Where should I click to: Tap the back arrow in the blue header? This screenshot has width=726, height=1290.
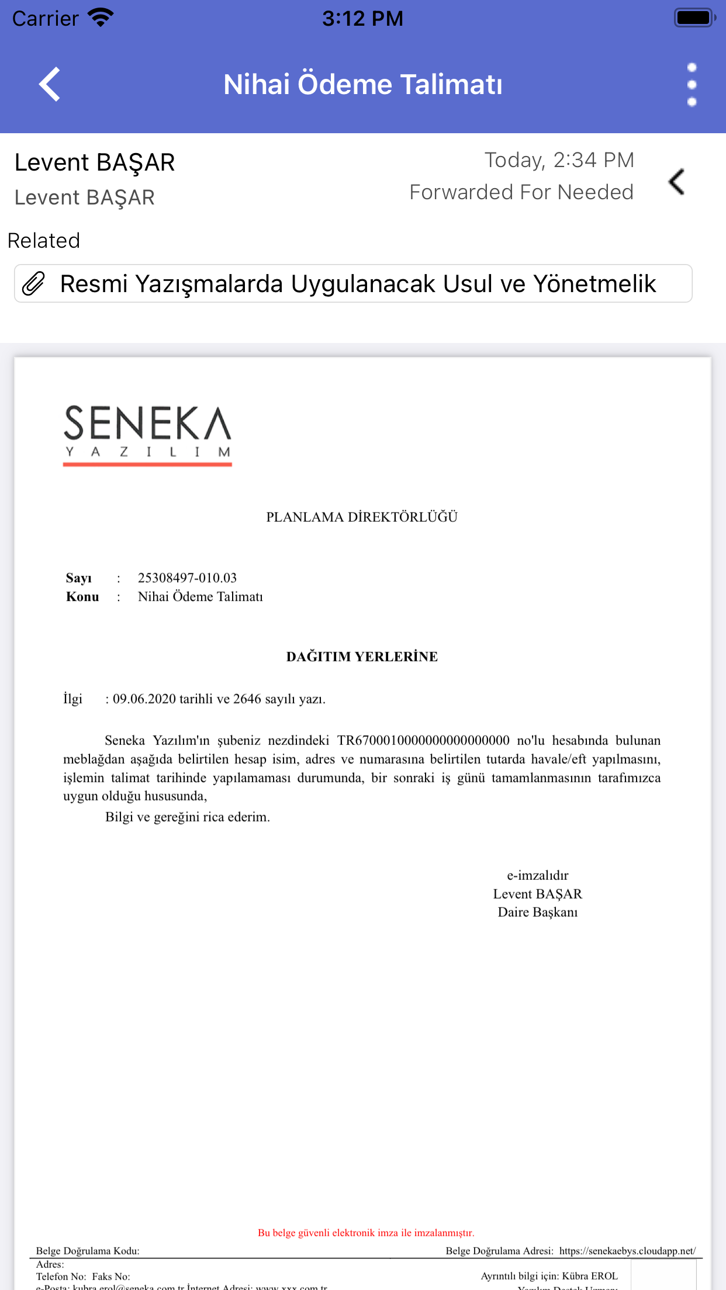[x=50, y=84]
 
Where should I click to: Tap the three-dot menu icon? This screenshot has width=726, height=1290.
[x=692, y=85]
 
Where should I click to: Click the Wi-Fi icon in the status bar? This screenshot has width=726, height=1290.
[x=101, y=18]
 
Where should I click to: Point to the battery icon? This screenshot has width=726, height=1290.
[x=694, y=18]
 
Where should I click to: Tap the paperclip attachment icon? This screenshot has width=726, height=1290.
[x=34, y=284]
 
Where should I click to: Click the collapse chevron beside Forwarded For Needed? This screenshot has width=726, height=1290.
[x=677, y=182]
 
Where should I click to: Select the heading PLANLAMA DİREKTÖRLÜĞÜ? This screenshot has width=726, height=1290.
[x=362, y=517]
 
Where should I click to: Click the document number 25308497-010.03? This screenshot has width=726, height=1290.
[x=187, y=578]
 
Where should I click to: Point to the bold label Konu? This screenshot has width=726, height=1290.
[x=82, y=597]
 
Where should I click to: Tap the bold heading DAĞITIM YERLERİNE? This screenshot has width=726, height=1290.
[x=362, y=657]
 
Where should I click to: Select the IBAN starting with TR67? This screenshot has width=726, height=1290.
[x=423, y=741]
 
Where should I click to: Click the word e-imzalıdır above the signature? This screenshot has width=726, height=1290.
[x=537, y=875]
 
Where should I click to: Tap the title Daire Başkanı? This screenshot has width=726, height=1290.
[x=537, y=913]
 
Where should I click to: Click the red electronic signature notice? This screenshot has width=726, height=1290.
[x=366, y=1233]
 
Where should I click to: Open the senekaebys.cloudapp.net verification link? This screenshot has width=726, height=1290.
[x=627, y=1251]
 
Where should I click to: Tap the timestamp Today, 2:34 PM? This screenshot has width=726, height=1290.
[x=559, y=160]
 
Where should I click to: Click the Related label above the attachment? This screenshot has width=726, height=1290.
[x=44, y=241]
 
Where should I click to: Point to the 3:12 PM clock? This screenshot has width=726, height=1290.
[x=362, y=19]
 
